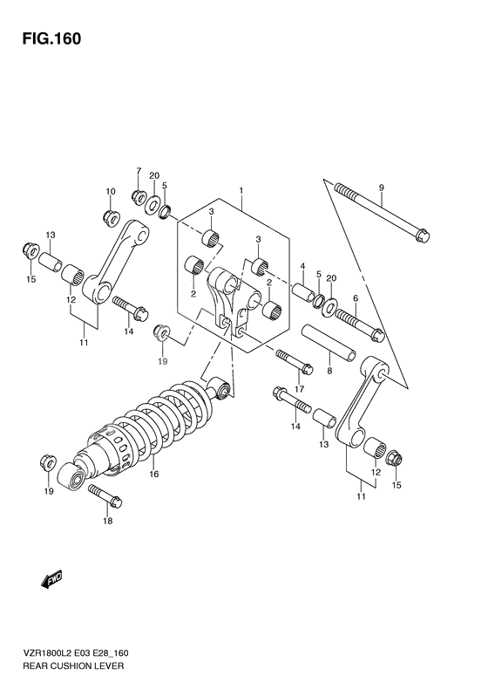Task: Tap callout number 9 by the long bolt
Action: pos(381,188)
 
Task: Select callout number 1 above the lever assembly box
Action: pos(241,189)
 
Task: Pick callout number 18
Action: pos(106,522)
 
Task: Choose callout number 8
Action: pos(329,371)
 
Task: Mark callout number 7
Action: pos(137,171)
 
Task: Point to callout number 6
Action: pos(355,298)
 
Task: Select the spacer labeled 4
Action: pos(303,290)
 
